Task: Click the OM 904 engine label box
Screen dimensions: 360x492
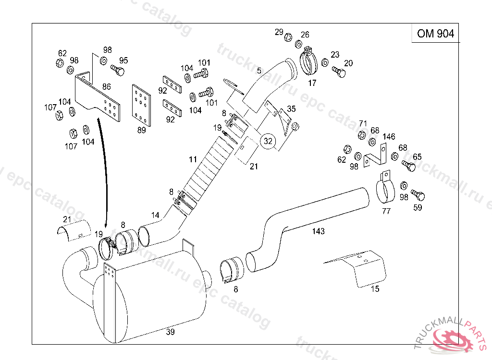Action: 435,33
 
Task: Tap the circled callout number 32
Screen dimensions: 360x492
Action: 268,141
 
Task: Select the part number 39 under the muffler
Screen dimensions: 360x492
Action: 170,332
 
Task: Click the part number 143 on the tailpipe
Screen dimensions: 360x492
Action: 318,231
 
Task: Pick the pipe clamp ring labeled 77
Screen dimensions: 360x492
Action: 384,190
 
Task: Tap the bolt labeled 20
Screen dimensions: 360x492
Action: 339,72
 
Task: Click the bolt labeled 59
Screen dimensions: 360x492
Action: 418,196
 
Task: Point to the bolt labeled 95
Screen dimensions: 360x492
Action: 117,71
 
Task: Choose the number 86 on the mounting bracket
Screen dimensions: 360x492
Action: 106,87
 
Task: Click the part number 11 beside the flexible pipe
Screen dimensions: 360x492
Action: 193,159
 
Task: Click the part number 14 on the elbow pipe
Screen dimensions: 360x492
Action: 155,216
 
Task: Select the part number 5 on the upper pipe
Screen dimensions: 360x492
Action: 259,71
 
